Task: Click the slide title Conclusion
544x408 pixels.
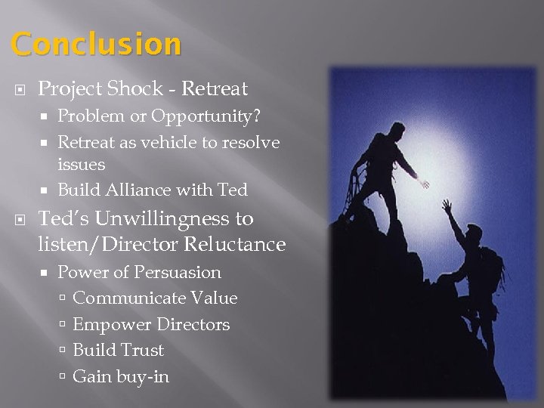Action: [x=97, y=45]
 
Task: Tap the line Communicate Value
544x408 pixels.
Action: [x=155, y=298]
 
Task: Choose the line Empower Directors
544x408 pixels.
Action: [x=151, y=325]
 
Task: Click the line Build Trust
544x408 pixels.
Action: [x=118, y=351]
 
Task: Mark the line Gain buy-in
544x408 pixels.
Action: [x=121, y=376]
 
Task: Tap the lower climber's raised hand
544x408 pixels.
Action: [x=447, y=204]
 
